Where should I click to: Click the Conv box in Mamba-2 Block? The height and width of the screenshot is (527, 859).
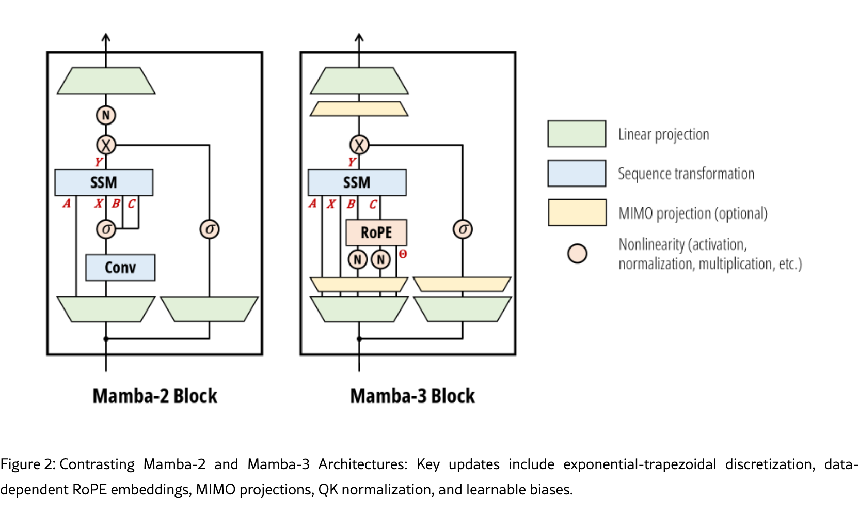pyautogui.click(x=120, y=268)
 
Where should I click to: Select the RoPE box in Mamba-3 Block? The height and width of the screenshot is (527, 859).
pyautogui.click(x=376, y=233)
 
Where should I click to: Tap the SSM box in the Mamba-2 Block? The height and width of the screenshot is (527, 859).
pyautogui.click(x=104, y=182)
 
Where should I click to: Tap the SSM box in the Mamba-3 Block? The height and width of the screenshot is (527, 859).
pyautogui.click(x=357, y=182)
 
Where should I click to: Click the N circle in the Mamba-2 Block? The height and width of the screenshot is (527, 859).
pyautogui.click(x=106, y=115)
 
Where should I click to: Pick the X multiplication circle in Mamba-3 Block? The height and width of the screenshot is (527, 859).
pyautogui.click(x=359, y=145)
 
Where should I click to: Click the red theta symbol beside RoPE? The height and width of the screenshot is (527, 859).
pyautogui.click(x=403, y=254)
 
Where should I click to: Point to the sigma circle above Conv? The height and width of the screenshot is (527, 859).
pyautogui.click(x=106, y=229)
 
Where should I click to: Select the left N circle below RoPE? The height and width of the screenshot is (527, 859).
pyautogui.click(x=357, y=259)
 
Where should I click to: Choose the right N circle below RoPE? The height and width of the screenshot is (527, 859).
pyautogui.click(x=380, y=259)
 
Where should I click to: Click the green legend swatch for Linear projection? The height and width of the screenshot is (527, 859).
pyautogui.click(x=576, y=134)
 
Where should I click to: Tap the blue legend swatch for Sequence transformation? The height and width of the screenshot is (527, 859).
pyautogui.click(x=576, y=173)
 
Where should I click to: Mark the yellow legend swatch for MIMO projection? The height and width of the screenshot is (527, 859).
pyautogui.click(x=576, y=212)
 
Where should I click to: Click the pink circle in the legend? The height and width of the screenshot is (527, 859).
pyautogui.click(x=577, y=253)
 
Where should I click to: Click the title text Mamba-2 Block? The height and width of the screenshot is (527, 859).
pyautogui.click(x=154, y=396)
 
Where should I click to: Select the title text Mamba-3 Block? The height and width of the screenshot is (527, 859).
pyautogui.click(x=412, y=396)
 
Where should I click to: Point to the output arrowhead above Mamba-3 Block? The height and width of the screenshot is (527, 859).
pyautogui.click(x=359, y=37)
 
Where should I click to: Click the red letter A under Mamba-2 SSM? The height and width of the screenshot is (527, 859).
pyautogui.click(x=67, y=204)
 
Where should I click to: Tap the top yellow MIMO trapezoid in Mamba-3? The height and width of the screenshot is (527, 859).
pyautogui.click(x=359, y=109)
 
